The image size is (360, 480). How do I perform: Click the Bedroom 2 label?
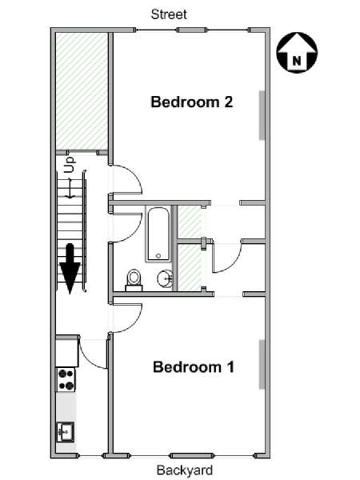coord(192,102)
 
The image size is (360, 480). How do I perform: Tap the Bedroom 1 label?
coord(194,366)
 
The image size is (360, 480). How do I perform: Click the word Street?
coord(169,14)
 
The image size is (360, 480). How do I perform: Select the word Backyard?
coord(185,470)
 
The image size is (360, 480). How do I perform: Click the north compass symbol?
coord(297,53)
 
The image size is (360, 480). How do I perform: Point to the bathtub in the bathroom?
coord(158,234)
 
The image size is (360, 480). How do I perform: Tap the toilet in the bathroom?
coord(134,280)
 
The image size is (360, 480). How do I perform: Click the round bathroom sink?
coord(166,278)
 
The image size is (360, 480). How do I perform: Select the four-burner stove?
coord(66,379)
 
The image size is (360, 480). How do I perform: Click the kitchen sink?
coord(66,432)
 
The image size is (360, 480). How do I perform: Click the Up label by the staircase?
coord(70,165)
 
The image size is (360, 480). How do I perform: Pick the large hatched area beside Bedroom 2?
coord(82,91)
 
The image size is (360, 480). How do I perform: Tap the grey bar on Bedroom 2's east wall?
coord(262,115)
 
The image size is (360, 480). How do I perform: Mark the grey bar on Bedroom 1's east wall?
coord(262,364)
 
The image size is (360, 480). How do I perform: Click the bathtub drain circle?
coord(158,256)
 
